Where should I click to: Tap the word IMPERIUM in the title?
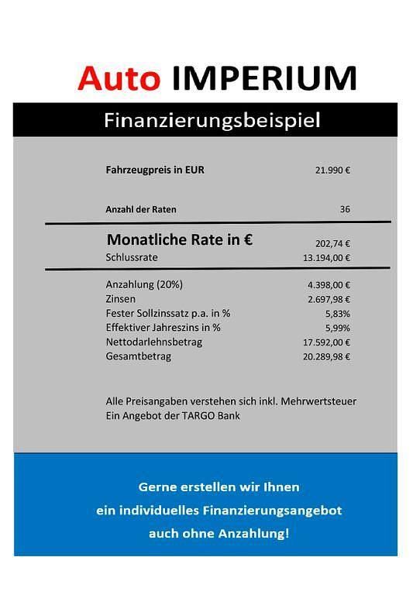tap(263, 77)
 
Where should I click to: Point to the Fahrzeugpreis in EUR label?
tap(155, 170)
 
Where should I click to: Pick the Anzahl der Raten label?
tap(146, 209)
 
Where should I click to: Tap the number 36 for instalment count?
tap(345, 209)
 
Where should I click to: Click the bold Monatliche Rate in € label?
tap(180, 240)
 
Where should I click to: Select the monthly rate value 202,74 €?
tap(332, 242)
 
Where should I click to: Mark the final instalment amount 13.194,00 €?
tap(326, 258)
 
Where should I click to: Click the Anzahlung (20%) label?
tap(143, 284)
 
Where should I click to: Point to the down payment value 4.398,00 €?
tap(329, 285)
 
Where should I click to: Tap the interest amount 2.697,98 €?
tap(329, 299)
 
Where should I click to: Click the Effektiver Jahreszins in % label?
tap(163, 327)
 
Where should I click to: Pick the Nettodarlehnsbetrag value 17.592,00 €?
tap(326, 342)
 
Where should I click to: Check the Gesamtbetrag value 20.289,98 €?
tap(326, 356)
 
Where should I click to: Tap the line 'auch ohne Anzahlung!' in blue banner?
tap(219, 534)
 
